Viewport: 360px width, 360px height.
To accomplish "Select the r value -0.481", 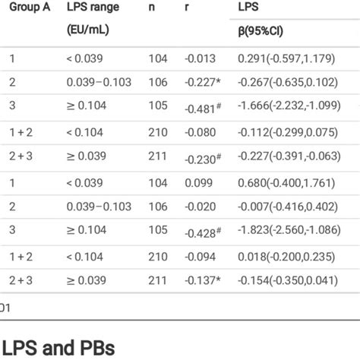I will [203, 108].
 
